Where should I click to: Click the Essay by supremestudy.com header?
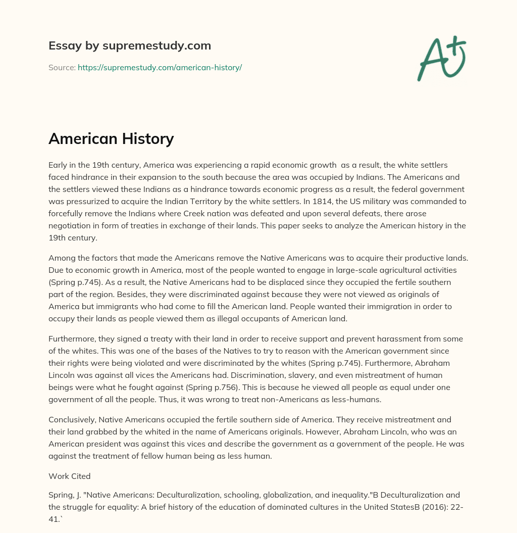130,46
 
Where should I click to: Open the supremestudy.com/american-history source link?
160,67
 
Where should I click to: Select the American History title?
111,139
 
